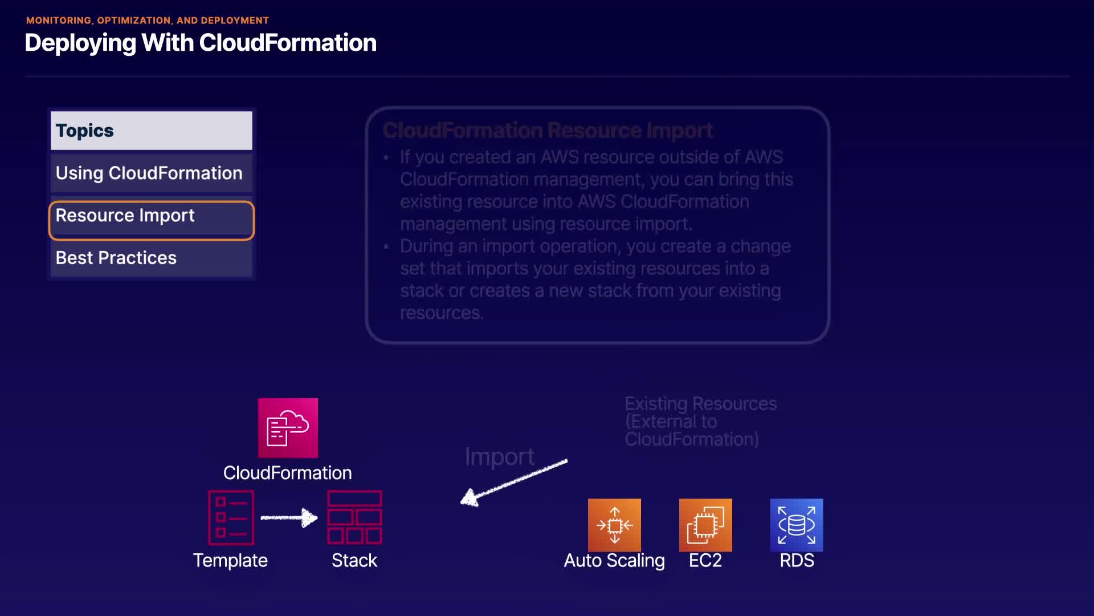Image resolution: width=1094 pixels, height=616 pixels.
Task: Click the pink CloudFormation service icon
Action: [x=288, y=428]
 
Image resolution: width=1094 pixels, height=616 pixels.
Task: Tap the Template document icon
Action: [x=231, y=517]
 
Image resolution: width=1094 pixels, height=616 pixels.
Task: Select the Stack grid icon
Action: [x=354, y=517]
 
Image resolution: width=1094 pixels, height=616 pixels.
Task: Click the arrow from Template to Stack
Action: [x=289, y=517]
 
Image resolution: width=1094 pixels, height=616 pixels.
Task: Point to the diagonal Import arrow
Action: [x=513, y=483]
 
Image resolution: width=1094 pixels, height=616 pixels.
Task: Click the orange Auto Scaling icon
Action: [x=614, y=525]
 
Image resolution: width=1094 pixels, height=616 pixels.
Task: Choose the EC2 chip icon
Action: [x=705, y=525]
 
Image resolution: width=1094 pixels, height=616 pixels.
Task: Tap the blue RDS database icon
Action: [x=797, y=525]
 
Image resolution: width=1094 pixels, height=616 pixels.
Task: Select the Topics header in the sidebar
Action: [x=151, y=131]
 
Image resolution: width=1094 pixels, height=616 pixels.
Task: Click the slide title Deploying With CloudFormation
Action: [x=201, y=43]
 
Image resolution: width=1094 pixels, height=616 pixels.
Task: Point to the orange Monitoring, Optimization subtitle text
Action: [x=147, y=21]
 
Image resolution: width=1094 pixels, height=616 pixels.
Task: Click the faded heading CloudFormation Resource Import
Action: [x=548, y=131]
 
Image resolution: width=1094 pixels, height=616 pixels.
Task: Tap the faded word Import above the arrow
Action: [x=500, y=456]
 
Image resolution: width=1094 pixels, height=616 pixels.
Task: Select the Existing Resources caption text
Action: [x=700, y=422]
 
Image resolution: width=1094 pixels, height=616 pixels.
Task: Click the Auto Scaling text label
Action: [x=614, y=560]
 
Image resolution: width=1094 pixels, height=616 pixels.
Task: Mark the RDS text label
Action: [x=797, y=560]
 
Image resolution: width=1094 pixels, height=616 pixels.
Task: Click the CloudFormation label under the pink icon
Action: [x=287, y=473]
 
